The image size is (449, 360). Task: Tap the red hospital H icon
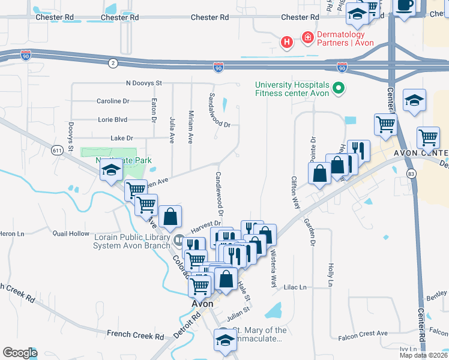(288, 41)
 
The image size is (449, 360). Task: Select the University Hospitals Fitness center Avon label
(292, 89)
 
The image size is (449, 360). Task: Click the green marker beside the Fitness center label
(339, 89)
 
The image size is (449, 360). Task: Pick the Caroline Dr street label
(113, 101)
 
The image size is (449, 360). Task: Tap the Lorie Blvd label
(113, 119)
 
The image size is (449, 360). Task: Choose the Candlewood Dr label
(220, 193)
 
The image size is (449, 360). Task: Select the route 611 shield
(58, 149)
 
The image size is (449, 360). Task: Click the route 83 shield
(411, 173)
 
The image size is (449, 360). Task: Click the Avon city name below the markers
(203, 304)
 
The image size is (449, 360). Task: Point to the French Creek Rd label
(136, 334)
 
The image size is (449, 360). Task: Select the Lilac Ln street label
(295, 287)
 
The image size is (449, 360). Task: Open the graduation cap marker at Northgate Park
(111, 171)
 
